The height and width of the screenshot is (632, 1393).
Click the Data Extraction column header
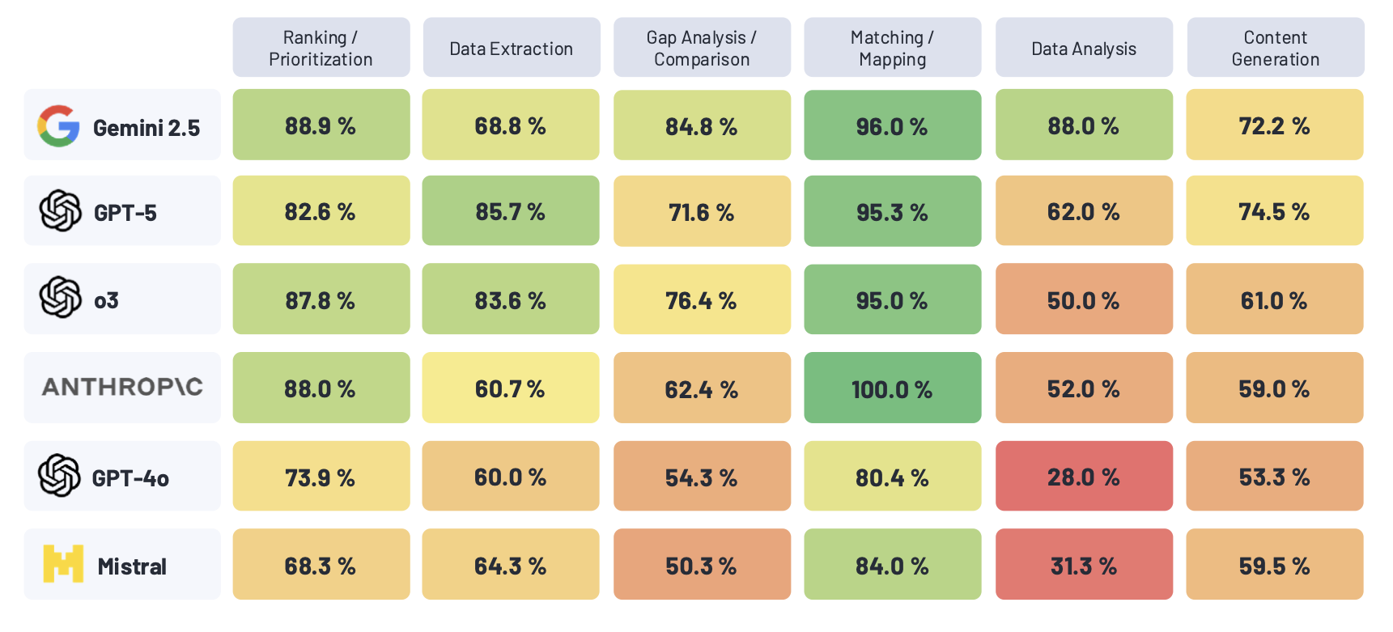(x=511, y=49)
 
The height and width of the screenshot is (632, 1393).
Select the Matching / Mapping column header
(x=892, y=49)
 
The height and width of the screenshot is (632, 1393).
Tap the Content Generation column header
(x=1275, y=49)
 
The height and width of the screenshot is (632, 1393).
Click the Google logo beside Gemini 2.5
(x=58, y=126)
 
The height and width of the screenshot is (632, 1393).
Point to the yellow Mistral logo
(x=63, y=564)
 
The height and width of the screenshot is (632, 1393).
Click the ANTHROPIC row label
(x=122, y=387)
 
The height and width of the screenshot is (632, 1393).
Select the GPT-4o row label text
(x=130, y=478)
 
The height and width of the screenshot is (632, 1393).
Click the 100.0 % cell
(x=892, y=388)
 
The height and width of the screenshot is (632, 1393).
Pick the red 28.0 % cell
(x=1083, y=477)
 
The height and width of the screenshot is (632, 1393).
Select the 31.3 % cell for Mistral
(x=1083, y=565)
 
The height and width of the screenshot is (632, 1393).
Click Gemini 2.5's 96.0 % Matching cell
(x=892, y=125)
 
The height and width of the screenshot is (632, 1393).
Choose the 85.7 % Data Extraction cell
(x=511, y=211)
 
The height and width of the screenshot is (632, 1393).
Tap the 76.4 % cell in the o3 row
(x=702, y=299)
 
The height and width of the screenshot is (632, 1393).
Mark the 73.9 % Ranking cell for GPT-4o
(x=321, y=477)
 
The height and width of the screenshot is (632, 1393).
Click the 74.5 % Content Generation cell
(x=1274, y=211)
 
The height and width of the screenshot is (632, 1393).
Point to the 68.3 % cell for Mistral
(x=321, y=565)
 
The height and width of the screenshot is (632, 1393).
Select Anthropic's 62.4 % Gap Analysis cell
(x=702, y=388)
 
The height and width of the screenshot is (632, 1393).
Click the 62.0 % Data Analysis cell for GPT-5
(x=1083, y=211)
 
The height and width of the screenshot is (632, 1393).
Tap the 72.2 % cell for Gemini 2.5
(x=1274, y=125)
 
